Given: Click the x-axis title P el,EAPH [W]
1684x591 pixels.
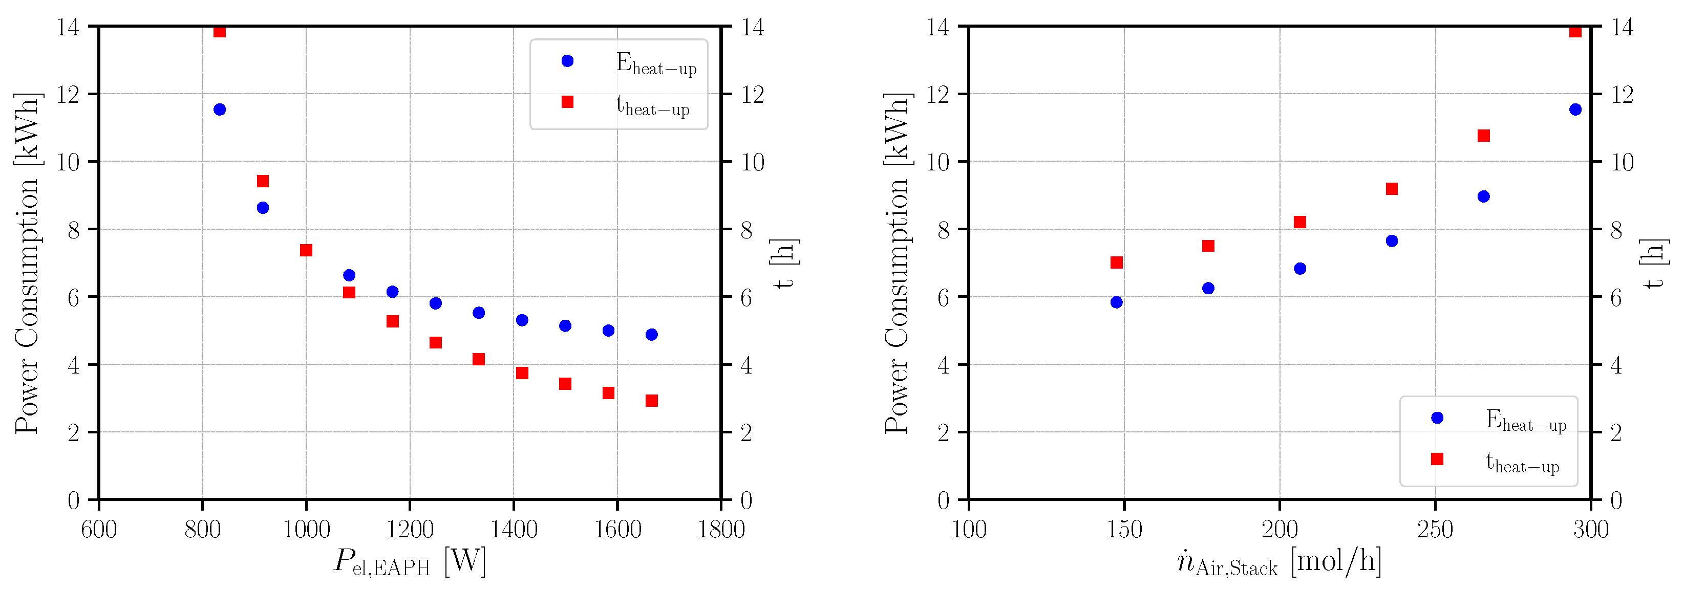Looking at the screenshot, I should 410,562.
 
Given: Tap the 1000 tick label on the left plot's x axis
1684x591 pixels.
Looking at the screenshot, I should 306,529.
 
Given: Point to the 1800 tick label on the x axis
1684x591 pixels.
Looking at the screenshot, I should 721,529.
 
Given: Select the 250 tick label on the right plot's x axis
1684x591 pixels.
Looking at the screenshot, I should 1435,529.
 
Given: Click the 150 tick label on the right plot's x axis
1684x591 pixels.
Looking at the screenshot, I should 1124,529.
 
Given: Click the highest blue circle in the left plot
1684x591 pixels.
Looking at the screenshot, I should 220,110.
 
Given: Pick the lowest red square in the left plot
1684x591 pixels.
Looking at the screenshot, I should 652,400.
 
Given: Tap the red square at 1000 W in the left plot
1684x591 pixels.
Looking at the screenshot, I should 306,250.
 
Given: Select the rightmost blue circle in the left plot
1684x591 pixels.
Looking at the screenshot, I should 652,334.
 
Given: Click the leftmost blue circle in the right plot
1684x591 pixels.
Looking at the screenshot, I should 1117,302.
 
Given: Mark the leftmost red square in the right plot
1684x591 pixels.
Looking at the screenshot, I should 1117,262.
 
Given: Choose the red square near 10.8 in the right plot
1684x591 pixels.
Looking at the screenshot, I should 1483,136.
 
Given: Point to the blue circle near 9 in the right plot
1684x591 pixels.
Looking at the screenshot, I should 1483,196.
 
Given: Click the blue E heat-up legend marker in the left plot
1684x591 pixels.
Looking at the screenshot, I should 567,61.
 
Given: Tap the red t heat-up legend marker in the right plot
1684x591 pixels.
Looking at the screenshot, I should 1437,459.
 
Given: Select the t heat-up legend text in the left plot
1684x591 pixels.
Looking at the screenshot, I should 652,106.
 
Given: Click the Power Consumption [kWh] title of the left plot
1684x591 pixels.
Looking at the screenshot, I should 28,262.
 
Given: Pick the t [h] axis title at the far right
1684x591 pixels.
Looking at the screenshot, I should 1653,262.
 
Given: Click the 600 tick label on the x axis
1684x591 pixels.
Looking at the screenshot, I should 99,529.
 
